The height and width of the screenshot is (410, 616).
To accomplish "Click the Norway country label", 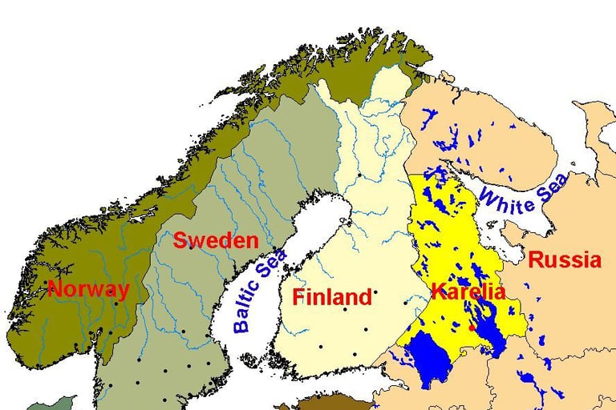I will (x=88, y=289).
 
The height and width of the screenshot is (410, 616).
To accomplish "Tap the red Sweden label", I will (x=216, y=240).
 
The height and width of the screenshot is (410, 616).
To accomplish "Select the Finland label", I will (x=332, y=297).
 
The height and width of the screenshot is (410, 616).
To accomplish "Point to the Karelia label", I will (x=468, y=291).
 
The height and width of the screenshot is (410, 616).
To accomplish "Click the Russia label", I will (x=565, y=259).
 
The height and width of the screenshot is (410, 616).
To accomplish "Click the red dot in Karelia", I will (x=473, y=327).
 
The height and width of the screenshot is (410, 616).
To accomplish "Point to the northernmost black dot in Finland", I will (x=360, y=175).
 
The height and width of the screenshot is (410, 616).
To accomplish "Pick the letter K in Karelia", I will (x=438, y=291).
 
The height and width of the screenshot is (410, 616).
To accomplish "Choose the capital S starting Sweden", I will (x=180, y=240).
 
